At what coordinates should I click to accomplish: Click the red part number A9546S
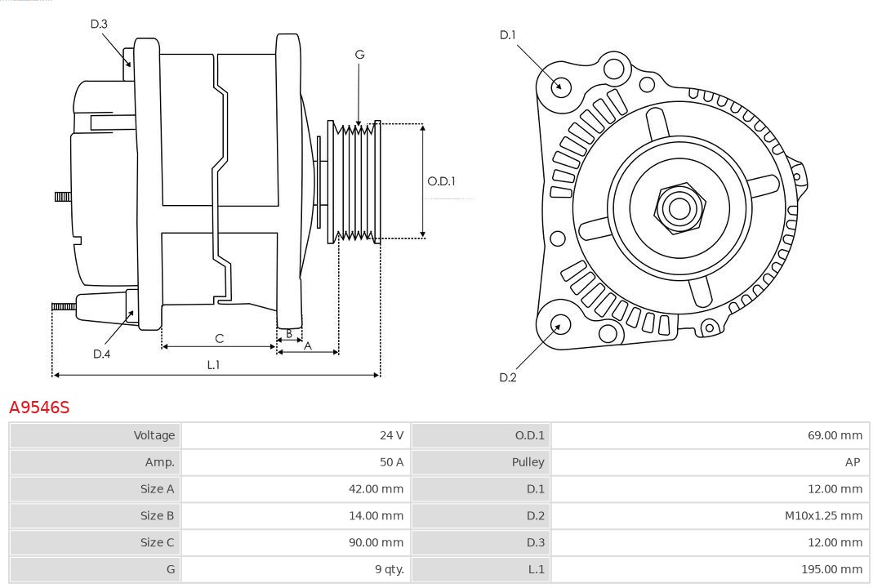39,407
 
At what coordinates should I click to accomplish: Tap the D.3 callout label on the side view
99,24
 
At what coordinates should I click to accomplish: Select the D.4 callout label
101,354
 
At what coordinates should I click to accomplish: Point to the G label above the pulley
359,55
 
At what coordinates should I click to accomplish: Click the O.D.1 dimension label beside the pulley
441,181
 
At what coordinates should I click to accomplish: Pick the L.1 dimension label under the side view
213,365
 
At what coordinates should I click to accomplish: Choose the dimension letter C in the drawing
219,338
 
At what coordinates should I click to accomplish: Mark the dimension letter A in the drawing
307,345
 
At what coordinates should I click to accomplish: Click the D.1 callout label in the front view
508,35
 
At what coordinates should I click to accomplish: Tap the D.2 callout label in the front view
508,377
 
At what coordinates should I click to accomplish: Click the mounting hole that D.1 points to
561,86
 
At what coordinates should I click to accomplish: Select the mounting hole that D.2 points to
559,325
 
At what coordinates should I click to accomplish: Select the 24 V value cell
295,435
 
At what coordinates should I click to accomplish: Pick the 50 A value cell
295,462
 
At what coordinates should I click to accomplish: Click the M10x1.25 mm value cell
710,515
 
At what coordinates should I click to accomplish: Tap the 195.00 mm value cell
710,569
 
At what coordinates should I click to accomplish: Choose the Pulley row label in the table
481,462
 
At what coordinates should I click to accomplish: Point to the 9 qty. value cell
295,569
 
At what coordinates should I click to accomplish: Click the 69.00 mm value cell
710,435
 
